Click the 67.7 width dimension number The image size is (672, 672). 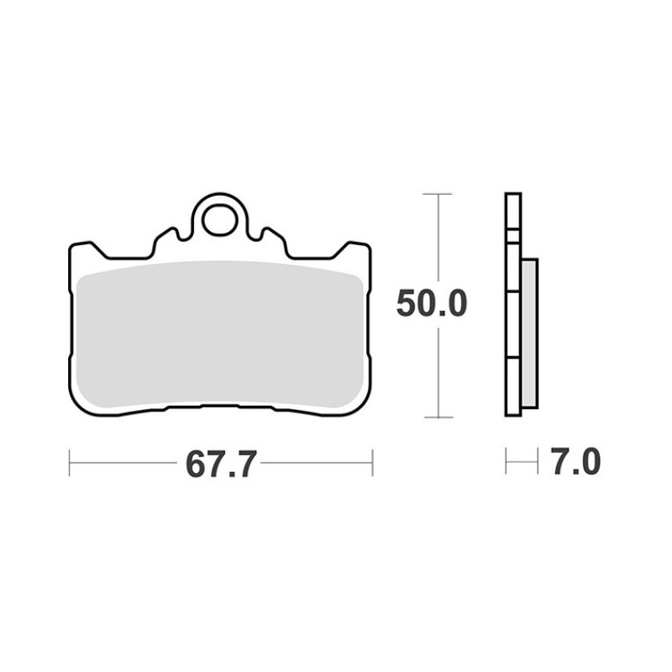[x=221, y=465]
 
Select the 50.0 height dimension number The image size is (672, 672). [x=431, y=303]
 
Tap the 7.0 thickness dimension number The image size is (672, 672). [x=575, y=461]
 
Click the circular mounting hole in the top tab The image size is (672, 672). [x=220, y=221]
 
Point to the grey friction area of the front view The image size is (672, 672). [x=220, y=334]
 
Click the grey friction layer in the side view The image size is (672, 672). [x=530, y=333]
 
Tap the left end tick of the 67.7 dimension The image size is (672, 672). [x=70, y=463]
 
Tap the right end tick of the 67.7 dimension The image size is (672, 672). [x=372, y=463]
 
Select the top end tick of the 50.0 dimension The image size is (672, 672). [x=438, y=194]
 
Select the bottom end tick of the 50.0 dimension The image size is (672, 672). [x=438, y=417]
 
